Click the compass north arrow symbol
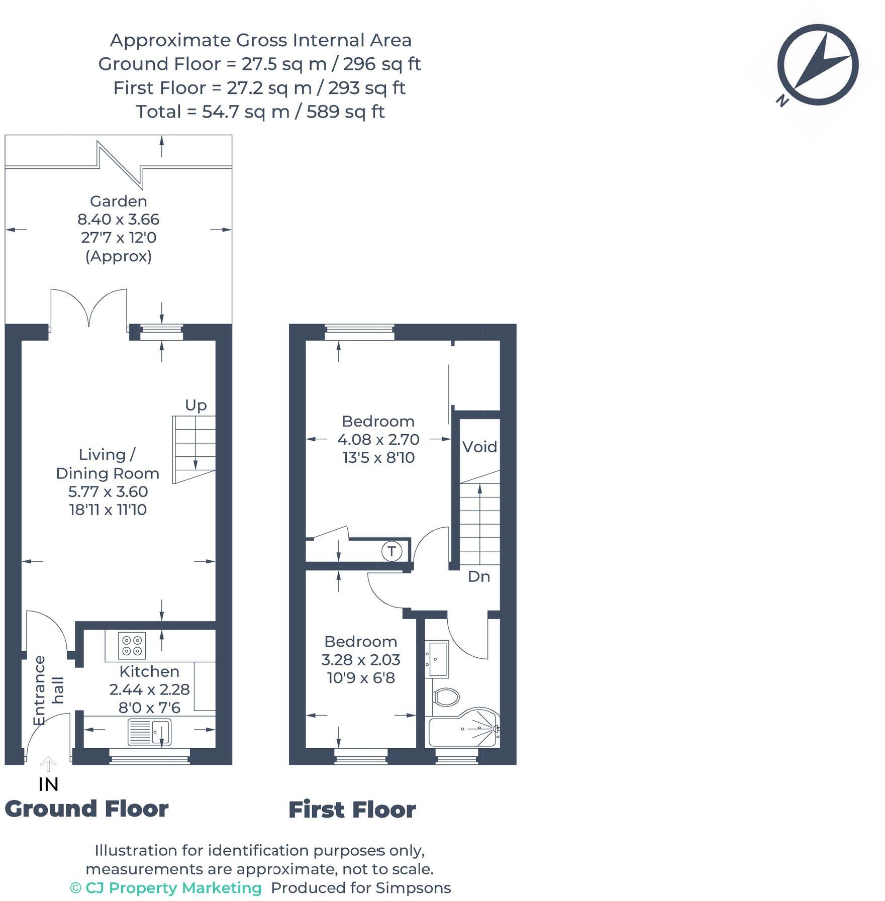point(818,65)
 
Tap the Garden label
point(119,202)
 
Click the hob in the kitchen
point(132,645)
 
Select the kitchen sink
point(149,732)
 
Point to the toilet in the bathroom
point(446,697)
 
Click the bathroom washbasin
point(438,659)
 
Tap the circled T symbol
point(391,551)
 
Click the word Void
point(479,447)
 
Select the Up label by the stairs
point(195,405)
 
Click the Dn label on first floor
point(478,576)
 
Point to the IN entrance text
point(48,784)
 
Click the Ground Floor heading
point(86,809)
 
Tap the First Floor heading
point(352,810)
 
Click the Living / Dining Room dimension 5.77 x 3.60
point(108,491)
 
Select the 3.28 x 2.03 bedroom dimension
point(361,660)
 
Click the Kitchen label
point(149,671)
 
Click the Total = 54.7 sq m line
point(260,112)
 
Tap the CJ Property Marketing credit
point(166,888)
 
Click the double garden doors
point(89,308)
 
